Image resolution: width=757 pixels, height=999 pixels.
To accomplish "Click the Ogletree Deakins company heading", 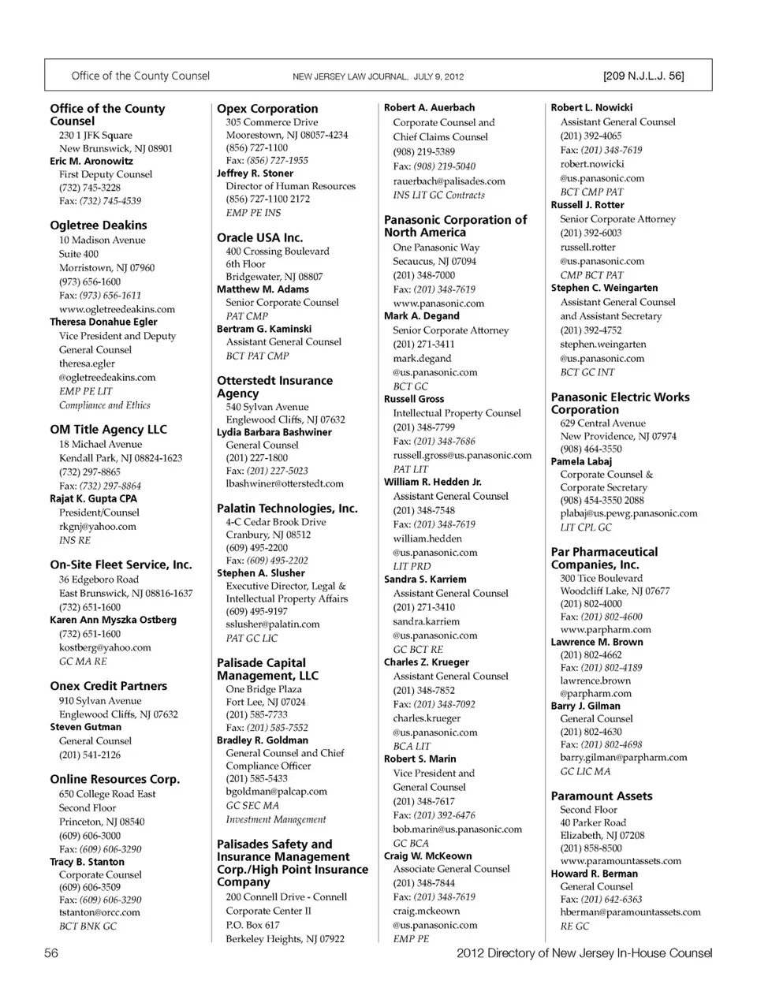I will pyautogui.click(x=98, y=226).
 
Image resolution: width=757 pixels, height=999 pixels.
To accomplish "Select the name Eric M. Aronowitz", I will pyautogui.click(x=91, y=161).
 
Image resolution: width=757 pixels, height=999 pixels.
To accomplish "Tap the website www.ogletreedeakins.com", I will pyautogui.click(x=117, y=309).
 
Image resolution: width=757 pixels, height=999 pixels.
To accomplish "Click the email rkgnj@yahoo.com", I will pyautogui.click(x=97, y=527).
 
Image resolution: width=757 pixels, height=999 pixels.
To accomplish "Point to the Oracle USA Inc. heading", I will pyautogui.click(x=259, y=237).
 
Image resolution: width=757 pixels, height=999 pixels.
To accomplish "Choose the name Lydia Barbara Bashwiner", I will pyautogui.click(x=274, y=432).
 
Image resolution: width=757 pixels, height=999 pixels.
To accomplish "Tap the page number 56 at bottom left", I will pyautogui.click(x=51, y=953).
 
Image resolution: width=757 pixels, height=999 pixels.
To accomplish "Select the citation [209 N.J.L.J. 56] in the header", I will pyautogui.click(x=643, y=76).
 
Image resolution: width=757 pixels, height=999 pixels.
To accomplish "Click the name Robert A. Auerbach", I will pyautogui.click(x=429, y=107).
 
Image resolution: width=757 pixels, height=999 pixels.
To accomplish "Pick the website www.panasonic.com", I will pyautogui.click(x=438, y=304).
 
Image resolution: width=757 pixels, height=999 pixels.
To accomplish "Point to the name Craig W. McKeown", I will pyautogui.click(x=427, y=856).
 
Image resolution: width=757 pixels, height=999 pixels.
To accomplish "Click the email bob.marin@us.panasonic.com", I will pyautogui.click(x=457, y=829).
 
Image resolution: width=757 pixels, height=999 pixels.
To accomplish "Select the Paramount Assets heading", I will pyautogui.click(x=601, y=796).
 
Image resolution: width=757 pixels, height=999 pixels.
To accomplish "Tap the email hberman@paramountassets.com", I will pyautogui.click(x=630, y=912).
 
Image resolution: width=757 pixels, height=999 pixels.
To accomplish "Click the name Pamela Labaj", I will pyautogui.click(x=581, y=461).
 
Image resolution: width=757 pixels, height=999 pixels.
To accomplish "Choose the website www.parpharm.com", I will pyautogui.click(x=606, y=630).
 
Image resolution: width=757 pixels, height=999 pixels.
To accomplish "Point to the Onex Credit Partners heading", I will pyautogui.click(x=108, y=686).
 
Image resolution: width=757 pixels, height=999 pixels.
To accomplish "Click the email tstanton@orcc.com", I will pyautogui.click(x=99, y=912).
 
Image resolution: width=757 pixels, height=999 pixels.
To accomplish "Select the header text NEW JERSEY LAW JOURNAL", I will pyautogui.click(x=349, y=77).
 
